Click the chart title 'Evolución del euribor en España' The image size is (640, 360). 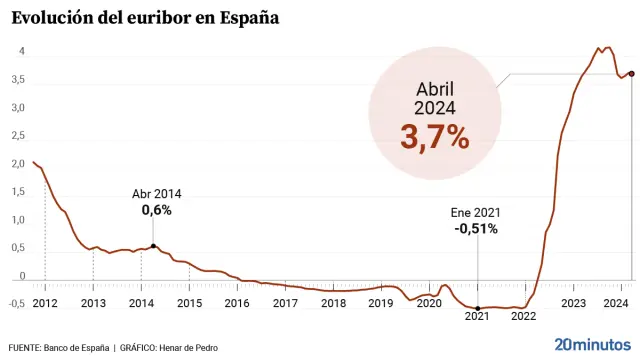tap(141, 18)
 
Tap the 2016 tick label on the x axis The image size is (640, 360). tap(237, 302)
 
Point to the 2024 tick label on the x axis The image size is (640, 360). tap(616, 302)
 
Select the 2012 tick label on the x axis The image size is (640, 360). tap(45, 302)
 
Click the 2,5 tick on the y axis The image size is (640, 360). tap(18, 136)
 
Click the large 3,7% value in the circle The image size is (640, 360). tap(435, 137)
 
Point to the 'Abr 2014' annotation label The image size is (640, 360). tap(157, 194)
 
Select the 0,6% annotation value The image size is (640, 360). tap(157, 210)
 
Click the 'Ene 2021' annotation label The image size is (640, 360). tap(476, 212)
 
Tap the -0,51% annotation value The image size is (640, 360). tap(476, 228)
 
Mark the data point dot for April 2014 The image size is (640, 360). tap(153, 245)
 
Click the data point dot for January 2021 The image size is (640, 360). tap(478, 308)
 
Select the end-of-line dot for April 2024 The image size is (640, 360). tap(631, 73)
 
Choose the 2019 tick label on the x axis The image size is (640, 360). tap(381, 302)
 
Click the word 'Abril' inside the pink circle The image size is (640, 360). tap(435, 88)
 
